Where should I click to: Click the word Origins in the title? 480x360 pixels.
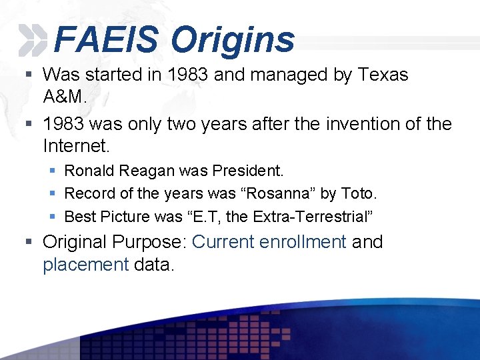click(233, 39)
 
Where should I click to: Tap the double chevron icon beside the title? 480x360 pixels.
click(33, 40)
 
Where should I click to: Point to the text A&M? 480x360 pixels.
click(65, 96)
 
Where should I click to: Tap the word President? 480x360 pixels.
click(247, 171)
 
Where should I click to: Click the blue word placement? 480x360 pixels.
click(85, 264)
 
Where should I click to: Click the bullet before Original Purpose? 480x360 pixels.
click(30, 242)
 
